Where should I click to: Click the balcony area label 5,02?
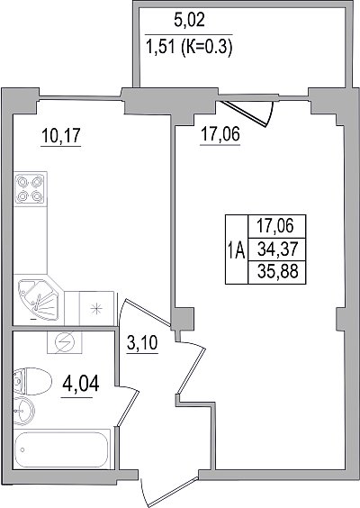(189, 21)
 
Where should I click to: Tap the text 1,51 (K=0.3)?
(189, 49)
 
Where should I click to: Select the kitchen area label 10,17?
(60, 135)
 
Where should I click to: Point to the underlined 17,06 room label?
(220, 134)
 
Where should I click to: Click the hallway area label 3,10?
(142, 343)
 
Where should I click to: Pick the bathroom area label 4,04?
(81, 384)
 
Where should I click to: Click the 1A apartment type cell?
(237, 249)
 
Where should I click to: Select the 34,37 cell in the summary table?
(277, 249)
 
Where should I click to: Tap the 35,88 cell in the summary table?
(277, 272)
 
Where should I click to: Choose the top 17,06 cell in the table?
(277, 226)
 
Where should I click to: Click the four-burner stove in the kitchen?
(30, 188)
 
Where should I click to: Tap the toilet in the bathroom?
(32, 381)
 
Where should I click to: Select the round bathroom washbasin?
(24, 410)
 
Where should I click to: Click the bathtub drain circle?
(22, 449)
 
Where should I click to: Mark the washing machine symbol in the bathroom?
(65, 341)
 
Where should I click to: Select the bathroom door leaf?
(128, 408)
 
